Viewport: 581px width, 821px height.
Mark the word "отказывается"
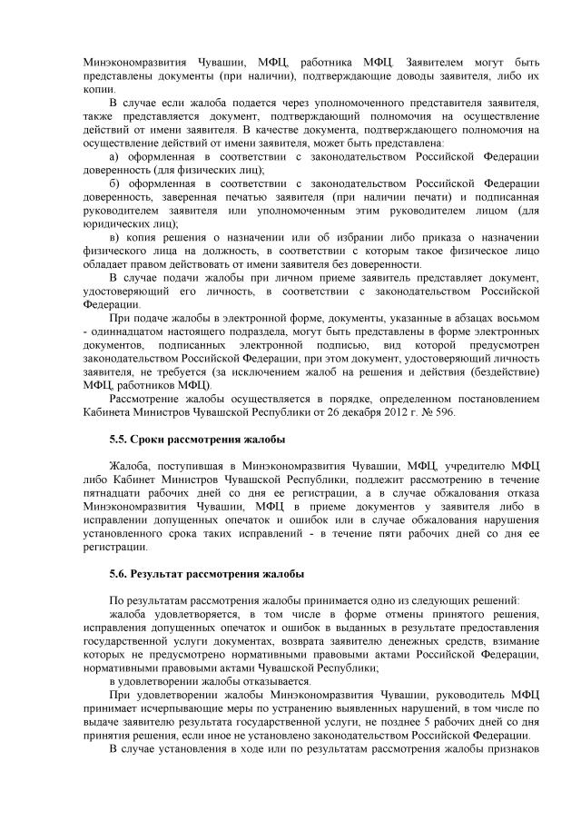(x=271, y=681)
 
